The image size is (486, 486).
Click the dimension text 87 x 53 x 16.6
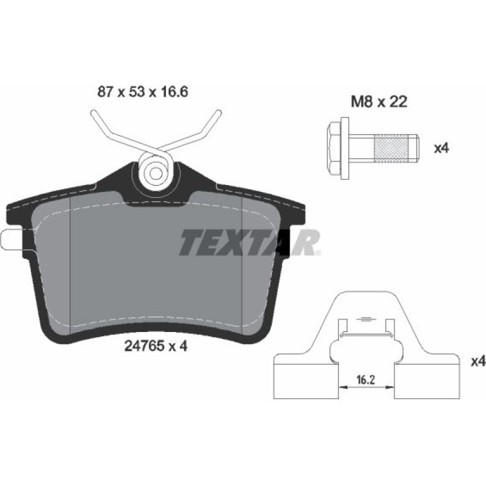tap(143, 92)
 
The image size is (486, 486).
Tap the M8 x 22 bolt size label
tap(379, 102)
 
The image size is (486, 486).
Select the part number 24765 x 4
tap(156, 347)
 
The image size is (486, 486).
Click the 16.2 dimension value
tap(365, 380)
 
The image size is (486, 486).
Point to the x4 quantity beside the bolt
tap(441, 148)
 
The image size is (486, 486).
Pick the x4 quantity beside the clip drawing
tap(478, 361)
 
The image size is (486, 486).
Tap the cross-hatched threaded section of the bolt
tap(390, 148)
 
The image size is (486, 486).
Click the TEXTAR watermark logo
tap(249, 242)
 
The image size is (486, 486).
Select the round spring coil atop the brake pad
tap(155, 172)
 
